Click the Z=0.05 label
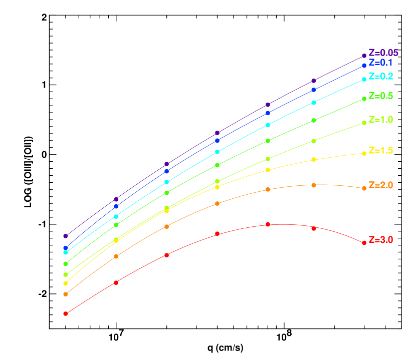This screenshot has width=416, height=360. pyautogui.click(x=383, y=53)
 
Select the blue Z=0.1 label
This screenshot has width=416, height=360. pyautogui.click(x=380, y=63)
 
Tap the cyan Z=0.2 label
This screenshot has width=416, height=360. pyautogui.click(x=380, y=76)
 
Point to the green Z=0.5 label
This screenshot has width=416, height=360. pyautogui.click(x=380, y=96)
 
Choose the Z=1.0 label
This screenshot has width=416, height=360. pyautogui.click(x=380, y=120)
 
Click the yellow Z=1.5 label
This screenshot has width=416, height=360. pyautogui.click(x=380, y=150)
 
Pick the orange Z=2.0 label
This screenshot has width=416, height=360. pyautogui.click(x=380, y=185)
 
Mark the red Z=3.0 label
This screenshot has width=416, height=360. pyautogui.click(x=380, y=240)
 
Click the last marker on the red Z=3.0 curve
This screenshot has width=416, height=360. pyautogui.click(x=364, y=243)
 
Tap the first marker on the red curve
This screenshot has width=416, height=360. pyautogui.click(x=65, y=313)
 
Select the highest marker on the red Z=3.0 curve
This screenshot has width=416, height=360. pyautogui.click(x=268, y=224)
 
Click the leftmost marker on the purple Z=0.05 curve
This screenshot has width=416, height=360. pyautogui.click(x=65, y=236)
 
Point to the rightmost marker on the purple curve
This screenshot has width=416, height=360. pyautogui.click(x=364, y=56)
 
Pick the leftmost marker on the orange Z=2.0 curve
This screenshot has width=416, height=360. pyautogui.click(x=65, y=294)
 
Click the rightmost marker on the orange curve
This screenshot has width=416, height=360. pyautogui.click(x=364, y=188)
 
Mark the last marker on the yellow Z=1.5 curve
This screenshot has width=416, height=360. pyautogui.click(x=364, y=153)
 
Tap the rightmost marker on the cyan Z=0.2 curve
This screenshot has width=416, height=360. pyautogui.click(x=364, y=80)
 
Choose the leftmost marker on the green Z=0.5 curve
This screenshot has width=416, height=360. pyautogui.click(x=65, y=264)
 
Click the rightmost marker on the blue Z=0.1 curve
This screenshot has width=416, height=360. pyautogui.click(x=364, y=66)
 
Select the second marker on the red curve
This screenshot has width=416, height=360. pyautogui.click(x=116, y=282)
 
